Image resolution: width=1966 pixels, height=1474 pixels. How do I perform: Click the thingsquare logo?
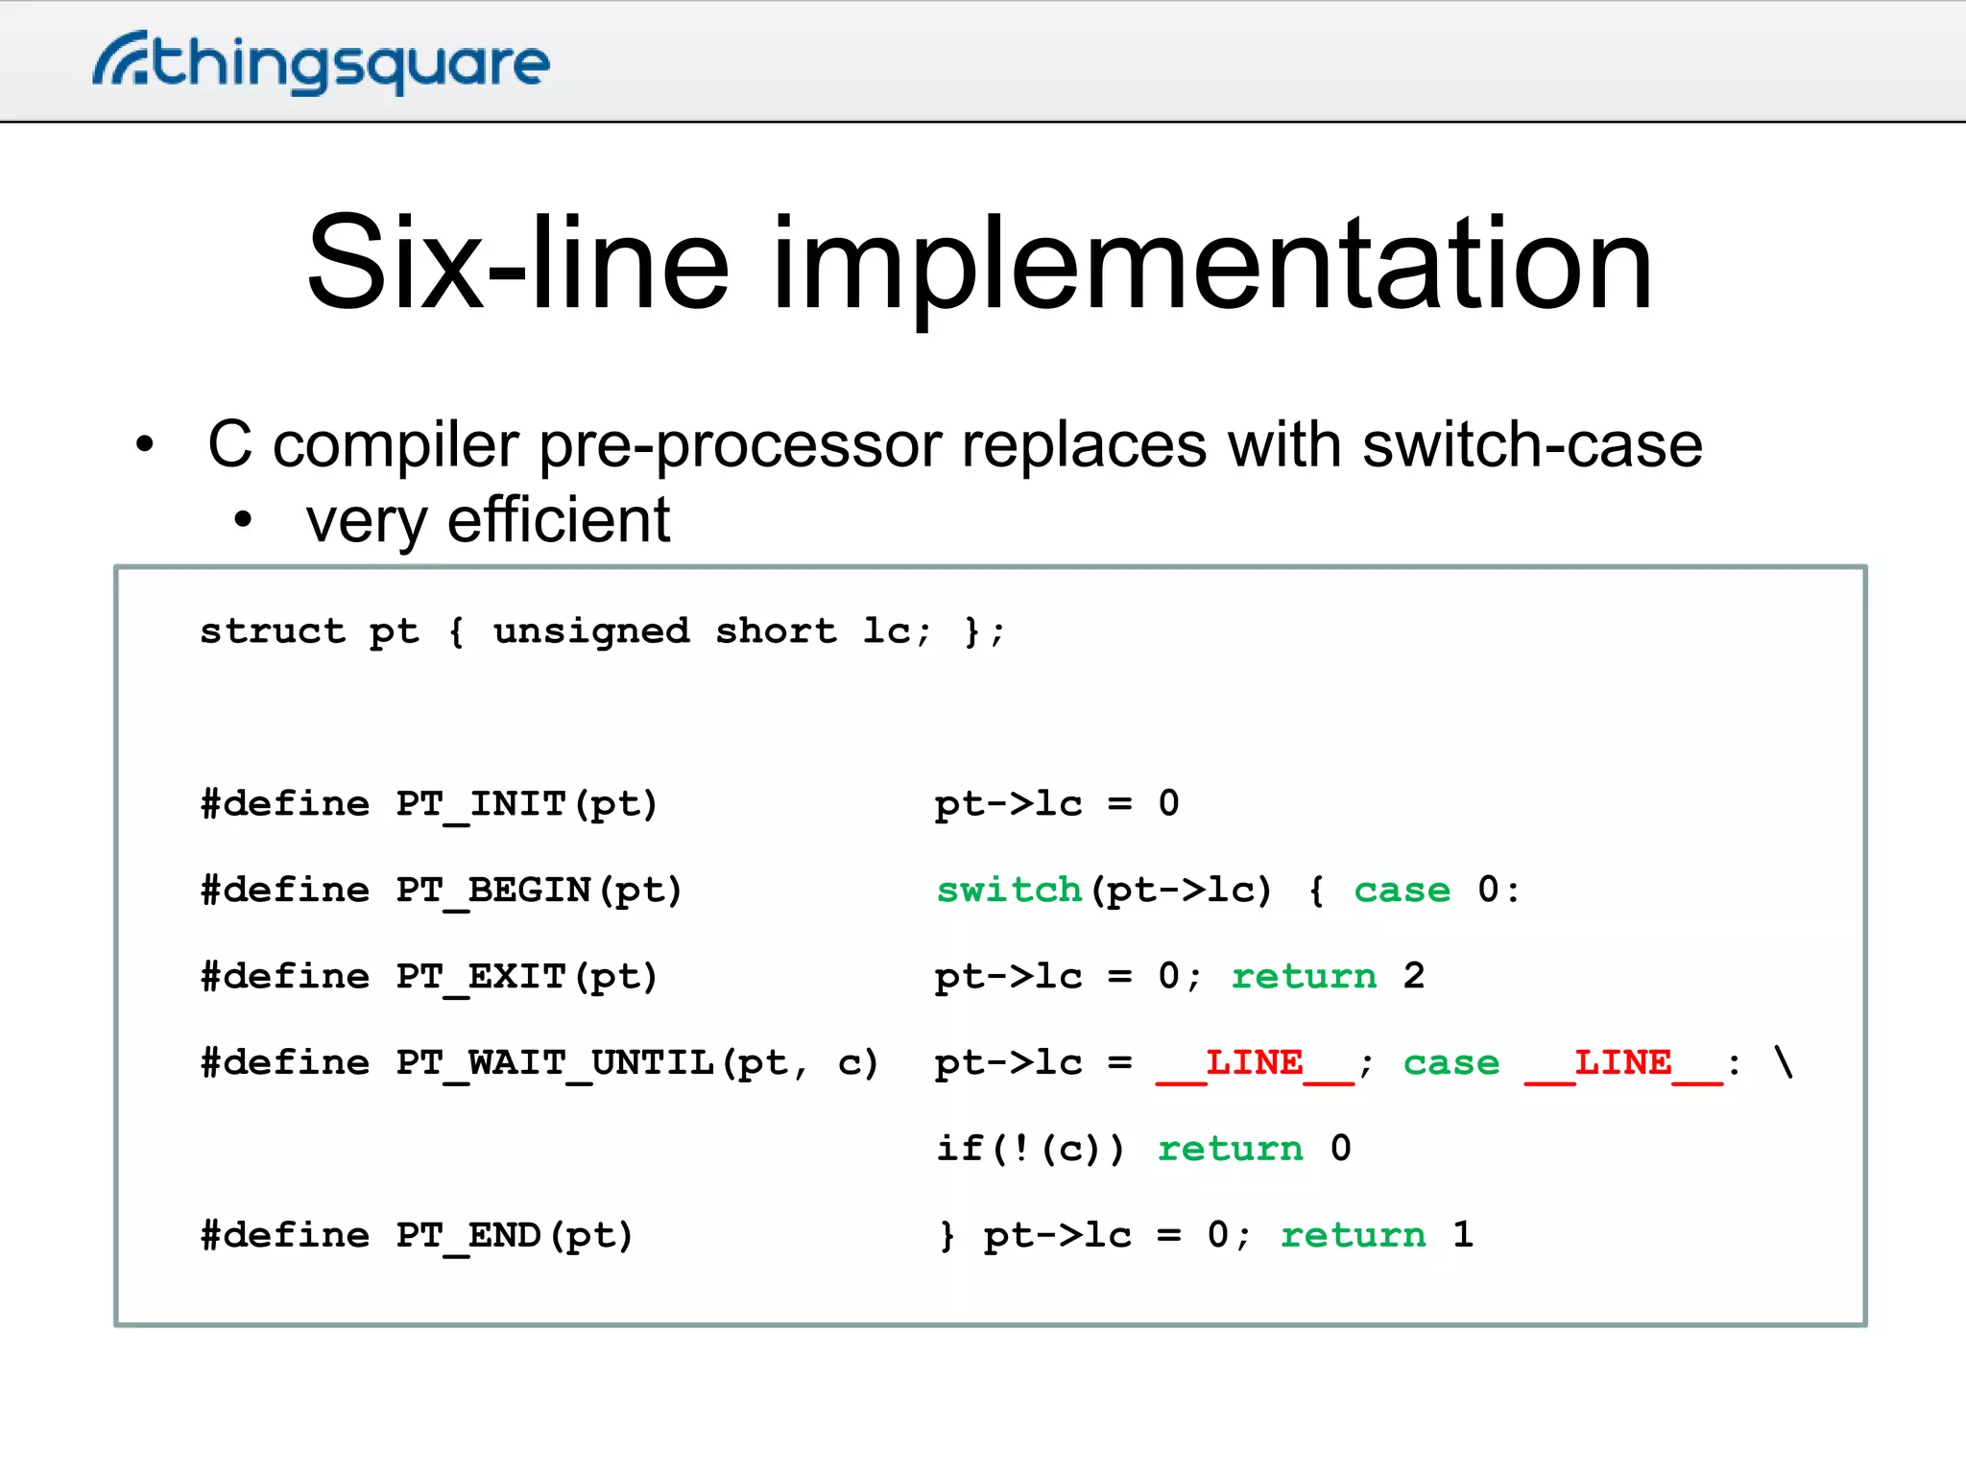pyautogui.click(x=322, y=63)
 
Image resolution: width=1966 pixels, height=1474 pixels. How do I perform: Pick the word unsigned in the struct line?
pyautogui.click(x=591, y=631)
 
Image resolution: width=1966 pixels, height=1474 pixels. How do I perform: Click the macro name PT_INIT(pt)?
pyautogui.click(x=527, y=804)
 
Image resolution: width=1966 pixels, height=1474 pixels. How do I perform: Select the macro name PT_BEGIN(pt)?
pyautogui.click(x=539, y=891)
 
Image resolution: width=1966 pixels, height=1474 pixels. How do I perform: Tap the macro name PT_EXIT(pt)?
pyautogui.click(x=527, y=977)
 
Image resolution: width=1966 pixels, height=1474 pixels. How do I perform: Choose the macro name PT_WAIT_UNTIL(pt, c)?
pyautogui.click(x=637, y=1063)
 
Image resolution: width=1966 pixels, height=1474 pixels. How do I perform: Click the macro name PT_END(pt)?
pyautogui.click(x=515, y=1236)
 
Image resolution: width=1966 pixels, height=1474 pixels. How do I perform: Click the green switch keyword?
pyautogui.click(x=1009, y=891)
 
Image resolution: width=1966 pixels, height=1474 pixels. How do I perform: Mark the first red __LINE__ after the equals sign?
pyautogui.click(x=1255, y=1063)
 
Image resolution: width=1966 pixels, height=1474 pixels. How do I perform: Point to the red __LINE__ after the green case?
pyautogui.click(x=1623, y=1063)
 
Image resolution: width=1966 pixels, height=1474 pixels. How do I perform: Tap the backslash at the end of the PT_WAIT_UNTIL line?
pyautogui.click(x=1784, y=1062)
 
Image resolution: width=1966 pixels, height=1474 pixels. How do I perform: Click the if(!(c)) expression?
pyautogui.click(x=1030, y=1149)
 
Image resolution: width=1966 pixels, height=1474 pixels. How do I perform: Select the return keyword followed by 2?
pyautogui.click(x=1304, y=977)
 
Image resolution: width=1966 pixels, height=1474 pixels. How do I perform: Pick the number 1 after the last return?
pyautogui.click(x=1463, y=1235)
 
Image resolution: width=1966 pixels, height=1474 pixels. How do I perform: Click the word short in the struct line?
pyautogui.click(x=776, y=631)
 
